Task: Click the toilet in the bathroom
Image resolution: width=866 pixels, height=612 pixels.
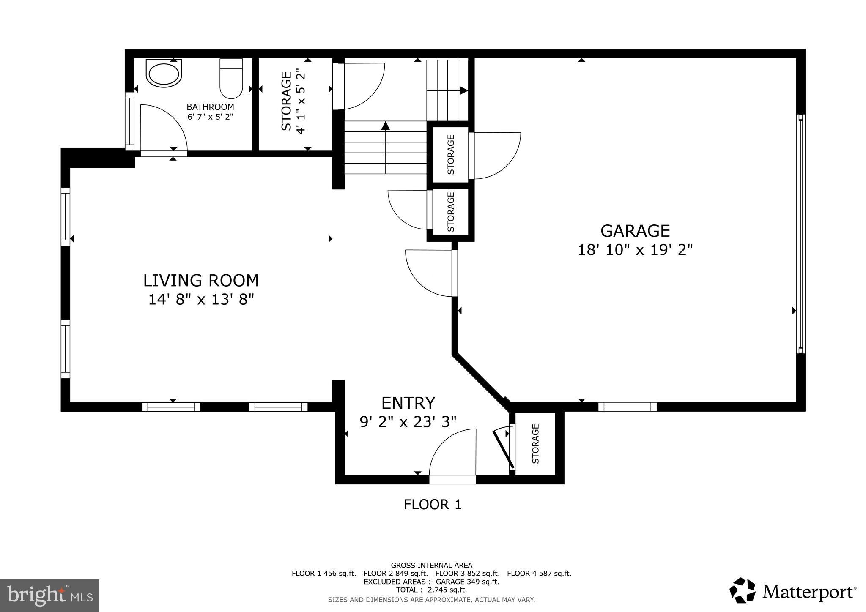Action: click(x=231, y=79)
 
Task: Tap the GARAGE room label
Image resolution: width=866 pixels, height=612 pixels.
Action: click(x=635, y=231)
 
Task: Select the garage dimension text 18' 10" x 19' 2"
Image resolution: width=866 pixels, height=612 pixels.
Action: click(x=635, y=250)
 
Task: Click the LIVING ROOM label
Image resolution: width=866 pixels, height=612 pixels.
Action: click(x=201, y=281)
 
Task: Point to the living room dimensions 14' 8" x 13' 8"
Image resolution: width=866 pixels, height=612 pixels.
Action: click(x=201, y=300)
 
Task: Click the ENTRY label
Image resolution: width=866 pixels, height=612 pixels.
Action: click(x=408, y=403)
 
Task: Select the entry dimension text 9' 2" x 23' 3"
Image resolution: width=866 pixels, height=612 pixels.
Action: click(x=408, y=422)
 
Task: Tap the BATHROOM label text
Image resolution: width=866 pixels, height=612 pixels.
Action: click(x=210, y=107)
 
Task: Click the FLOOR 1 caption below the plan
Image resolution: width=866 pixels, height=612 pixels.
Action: click(x=432, y=505)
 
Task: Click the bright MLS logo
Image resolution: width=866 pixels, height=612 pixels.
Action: click(x=50, y=595)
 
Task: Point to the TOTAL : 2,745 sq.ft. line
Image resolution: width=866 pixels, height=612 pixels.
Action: click(x=431, y=590)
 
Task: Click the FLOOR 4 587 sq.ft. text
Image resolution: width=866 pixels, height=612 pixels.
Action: click(x=539, y=574)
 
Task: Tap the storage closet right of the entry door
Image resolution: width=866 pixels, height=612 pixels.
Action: click(x=535, y=444)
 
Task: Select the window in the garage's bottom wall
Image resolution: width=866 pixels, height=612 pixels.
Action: click(x=627, y=407)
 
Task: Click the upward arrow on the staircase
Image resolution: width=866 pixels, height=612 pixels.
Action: click(x=385, y=126)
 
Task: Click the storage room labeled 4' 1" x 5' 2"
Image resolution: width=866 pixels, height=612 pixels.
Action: click(x=294, y=104)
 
